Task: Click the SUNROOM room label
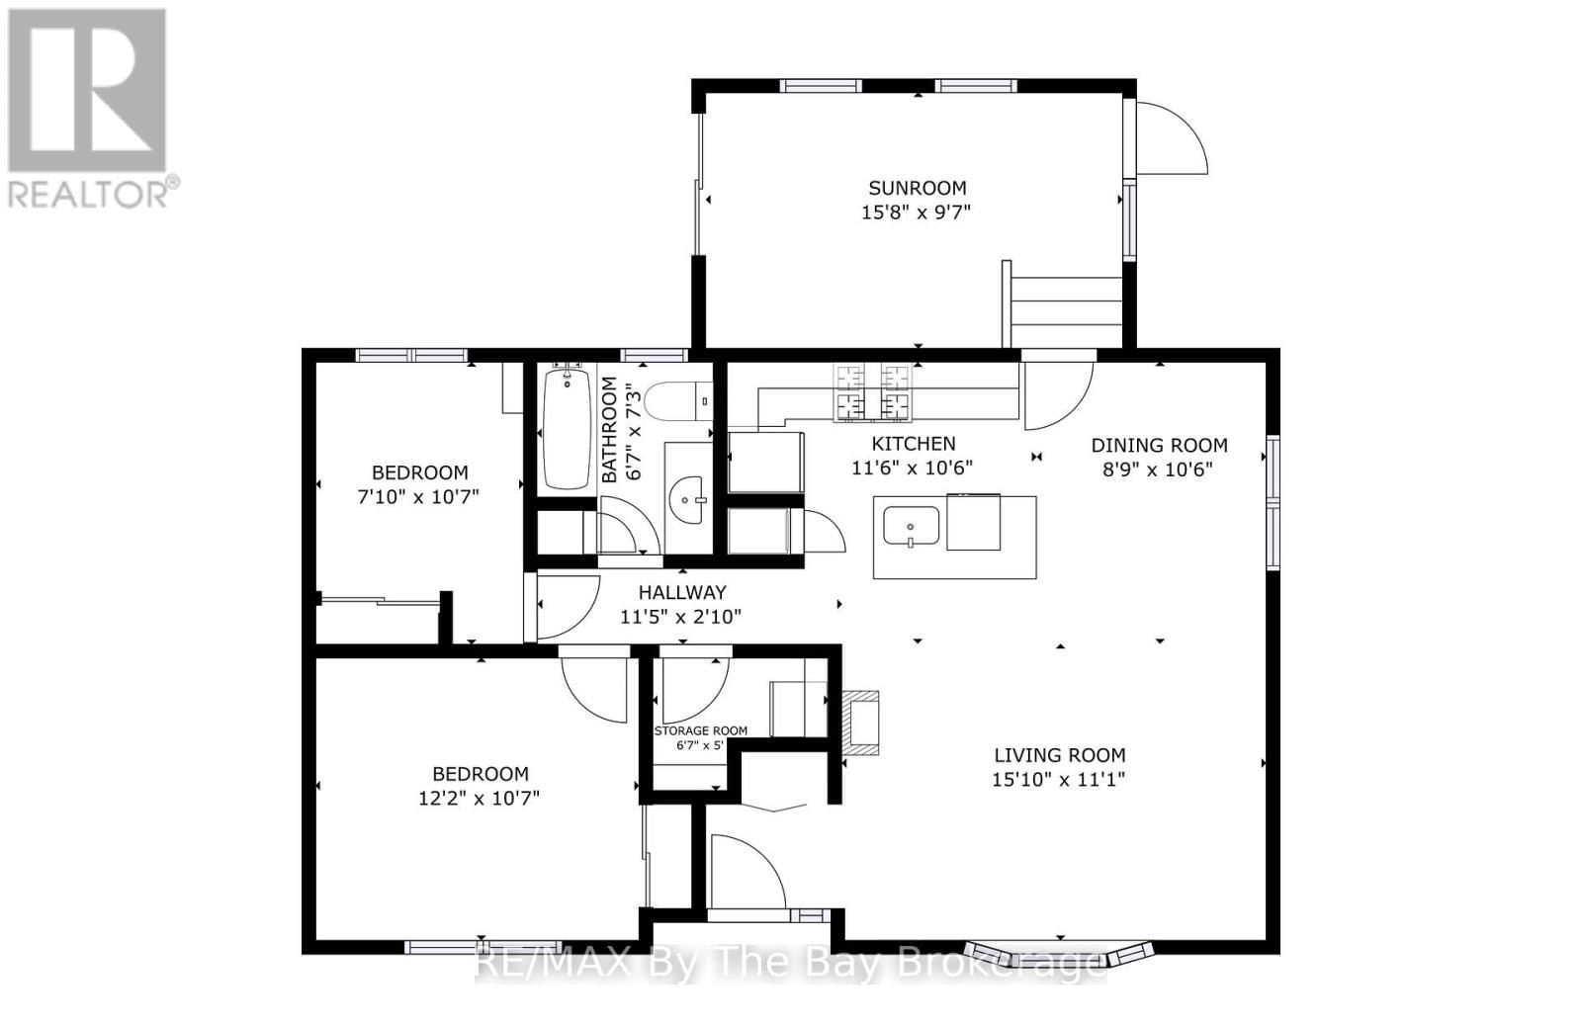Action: coord(917,188)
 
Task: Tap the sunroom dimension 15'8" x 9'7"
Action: coord(917,212)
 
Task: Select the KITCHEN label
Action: coord(913,444)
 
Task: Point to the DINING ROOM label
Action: coord(1159,446)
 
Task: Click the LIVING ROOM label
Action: coord(1059,755)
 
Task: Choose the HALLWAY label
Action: coord(681,593)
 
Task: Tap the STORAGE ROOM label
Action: coord(700,731)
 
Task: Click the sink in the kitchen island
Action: coord(911,526)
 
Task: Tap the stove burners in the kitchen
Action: coord(872,392)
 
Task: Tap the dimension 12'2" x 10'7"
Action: coord(479,799)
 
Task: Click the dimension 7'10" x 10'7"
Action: coord(417,497)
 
